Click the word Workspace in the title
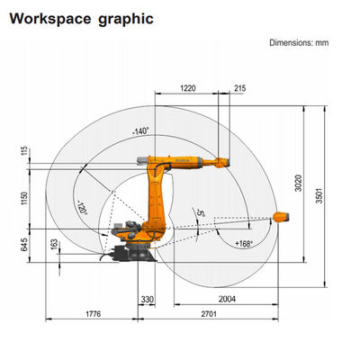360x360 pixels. click(50, 19)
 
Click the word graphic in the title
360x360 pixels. click(126, 20)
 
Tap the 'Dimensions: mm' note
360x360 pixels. click(299, 42)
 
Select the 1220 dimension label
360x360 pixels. click(188, 88)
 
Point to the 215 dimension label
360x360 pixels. click(240, 88)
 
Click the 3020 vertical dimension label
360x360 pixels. click(298, 183)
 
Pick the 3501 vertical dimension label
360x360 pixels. click(319, 195)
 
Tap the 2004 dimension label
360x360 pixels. click(227, 299)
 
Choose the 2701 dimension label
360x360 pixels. click(209, 314)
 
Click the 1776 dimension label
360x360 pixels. click(94, 314)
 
